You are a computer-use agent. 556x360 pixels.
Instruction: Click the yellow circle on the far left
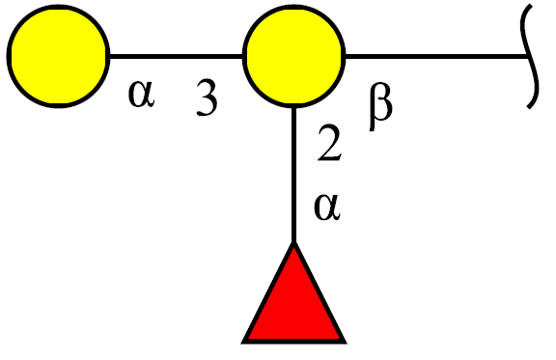[58, 56]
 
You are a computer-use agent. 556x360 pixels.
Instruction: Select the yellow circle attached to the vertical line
[294, 56]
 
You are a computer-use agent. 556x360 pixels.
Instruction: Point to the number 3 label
[207, 97]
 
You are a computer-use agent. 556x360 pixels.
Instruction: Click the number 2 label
[329, 143]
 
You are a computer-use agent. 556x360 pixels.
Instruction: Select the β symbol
[381, 106]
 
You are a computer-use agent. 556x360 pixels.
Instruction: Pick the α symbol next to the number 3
[142, 94]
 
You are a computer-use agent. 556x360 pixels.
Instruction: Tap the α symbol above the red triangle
[327, 207]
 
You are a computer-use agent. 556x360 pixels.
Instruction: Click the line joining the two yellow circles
[177, 56]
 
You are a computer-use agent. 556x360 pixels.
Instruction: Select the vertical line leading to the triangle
[294, 175]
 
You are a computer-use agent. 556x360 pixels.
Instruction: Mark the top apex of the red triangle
[294, 243]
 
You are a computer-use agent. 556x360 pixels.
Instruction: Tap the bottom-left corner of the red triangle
[242, 343]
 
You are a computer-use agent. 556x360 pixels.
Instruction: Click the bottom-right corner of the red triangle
[346, 343]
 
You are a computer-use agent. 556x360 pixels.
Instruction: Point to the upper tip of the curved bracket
[532, 5]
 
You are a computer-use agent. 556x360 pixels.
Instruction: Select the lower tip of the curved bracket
[528, 108]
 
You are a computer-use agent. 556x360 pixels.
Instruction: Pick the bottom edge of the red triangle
[294, 342]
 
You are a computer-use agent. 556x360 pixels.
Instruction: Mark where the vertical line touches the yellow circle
[294, 107]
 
